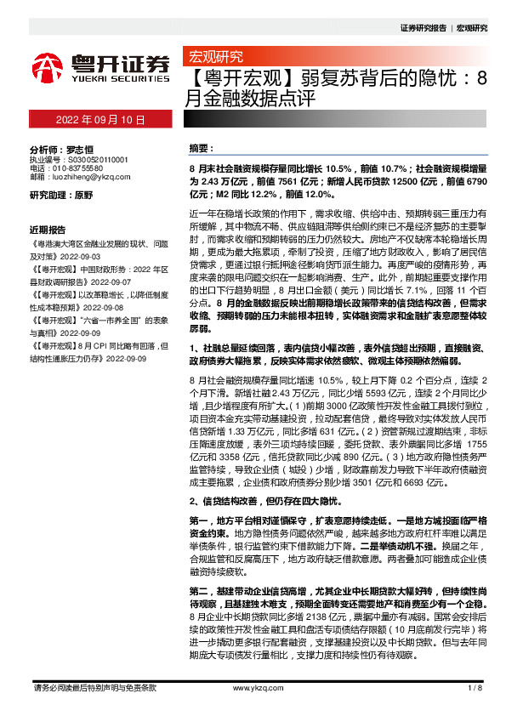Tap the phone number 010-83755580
click(x=86, y=168)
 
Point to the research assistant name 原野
click(x=83, y=195)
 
